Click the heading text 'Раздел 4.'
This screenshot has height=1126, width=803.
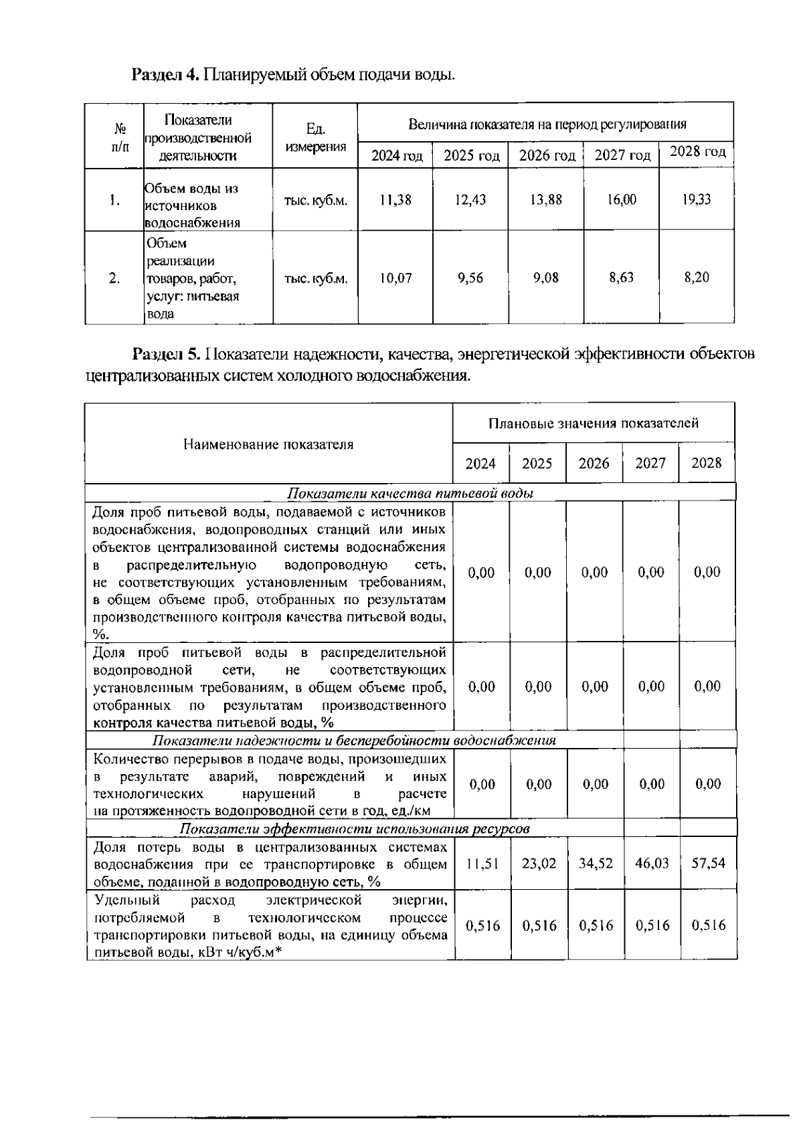[x=165, y=74]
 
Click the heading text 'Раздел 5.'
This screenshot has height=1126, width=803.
[x=167, y=353]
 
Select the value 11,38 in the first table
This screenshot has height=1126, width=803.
[x=395, y=200]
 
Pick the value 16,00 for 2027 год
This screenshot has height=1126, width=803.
[x=621, y=200]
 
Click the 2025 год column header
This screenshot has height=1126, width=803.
[x=471, y=156]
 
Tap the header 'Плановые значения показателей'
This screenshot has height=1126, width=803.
[x=593, y=424]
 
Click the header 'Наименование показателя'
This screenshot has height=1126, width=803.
[x=268, y=444]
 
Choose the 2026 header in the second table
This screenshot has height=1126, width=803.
[x=594, y=463]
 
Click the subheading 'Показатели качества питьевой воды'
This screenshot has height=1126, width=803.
[x=410, y=494]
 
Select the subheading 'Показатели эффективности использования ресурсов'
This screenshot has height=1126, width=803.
[x=355, y=829]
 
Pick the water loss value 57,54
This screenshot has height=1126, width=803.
[x=708, y=864]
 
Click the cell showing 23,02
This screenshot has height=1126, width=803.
[x=538, y=864]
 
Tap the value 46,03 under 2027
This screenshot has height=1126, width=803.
[x=651, y=864]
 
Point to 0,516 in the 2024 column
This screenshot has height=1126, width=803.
[x=482, y=926]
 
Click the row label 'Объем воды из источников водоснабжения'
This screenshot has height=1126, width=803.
[x=193, y=205]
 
